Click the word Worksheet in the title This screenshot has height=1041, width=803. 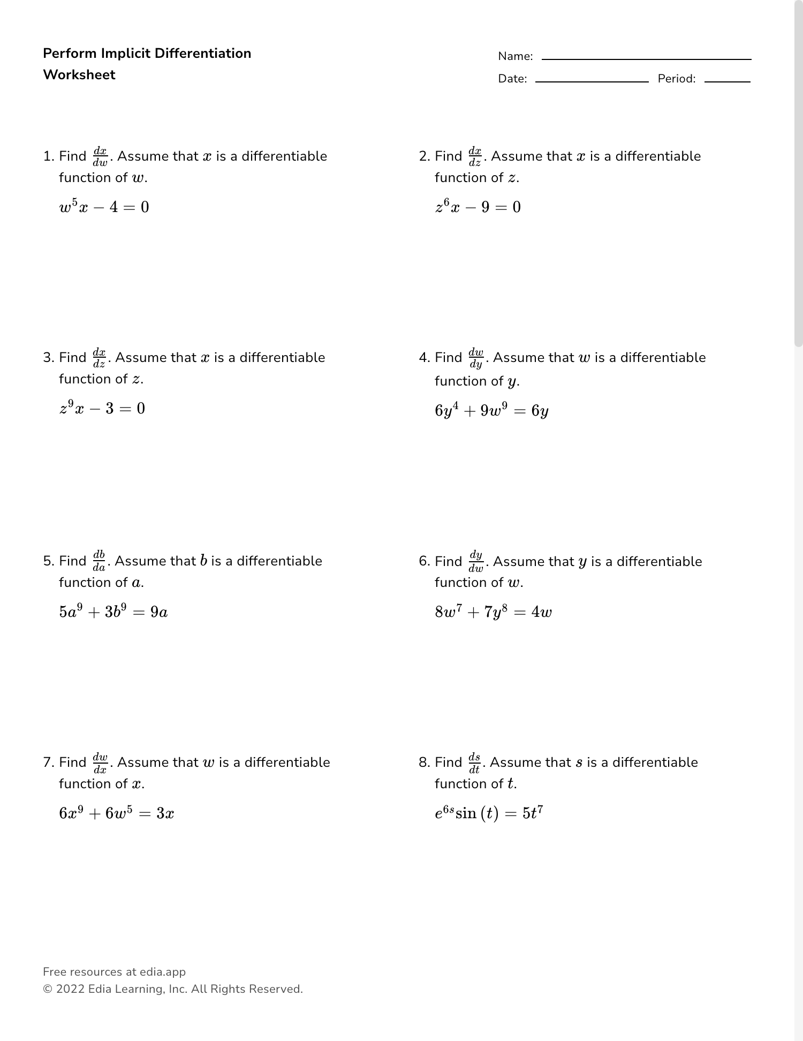[x=79, y=74]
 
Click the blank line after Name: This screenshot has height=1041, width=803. [x=646, y=59]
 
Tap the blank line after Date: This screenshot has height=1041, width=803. [x=592, y=81]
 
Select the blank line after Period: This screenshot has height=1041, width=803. [x=727, y=81]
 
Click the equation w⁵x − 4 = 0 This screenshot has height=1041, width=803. [x=104, y=207]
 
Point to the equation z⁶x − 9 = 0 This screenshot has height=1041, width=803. [x=478, y=207]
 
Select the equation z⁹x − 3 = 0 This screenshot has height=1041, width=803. [x=102, y=409]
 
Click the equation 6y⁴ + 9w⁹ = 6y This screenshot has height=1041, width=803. [x=491, y=411]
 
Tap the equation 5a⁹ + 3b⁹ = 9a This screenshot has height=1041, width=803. [x=113, y=612]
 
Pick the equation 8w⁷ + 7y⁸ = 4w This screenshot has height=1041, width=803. [x=493, y=612]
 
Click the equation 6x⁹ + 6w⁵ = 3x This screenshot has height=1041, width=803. [x=116, y=813]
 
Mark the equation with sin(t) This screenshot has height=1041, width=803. [x=489, y=813]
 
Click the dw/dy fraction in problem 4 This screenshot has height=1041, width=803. [x=476, y=358]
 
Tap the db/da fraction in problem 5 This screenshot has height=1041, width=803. [x=99, y=561]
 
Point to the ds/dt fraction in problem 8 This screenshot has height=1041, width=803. [x=474, y=763]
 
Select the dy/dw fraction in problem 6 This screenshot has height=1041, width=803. [x=476, y=562]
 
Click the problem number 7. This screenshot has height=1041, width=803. [x=48, y=763]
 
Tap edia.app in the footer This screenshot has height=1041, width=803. [x=163, y=972]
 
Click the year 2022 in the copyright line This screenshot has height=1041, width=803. [x=70, y=989]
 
